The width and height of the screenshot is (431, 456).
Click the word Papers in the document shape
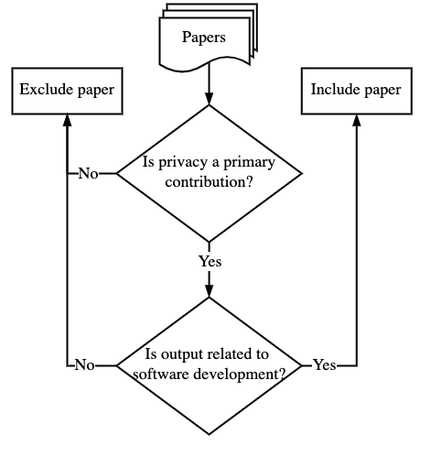coord(204,38)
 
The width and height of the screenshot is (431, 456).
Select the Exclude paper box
coord(67,91)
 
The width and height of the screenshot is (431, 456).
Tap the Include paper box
coord(357,91)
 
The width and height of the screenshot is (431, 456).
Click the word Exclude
coord(47,90)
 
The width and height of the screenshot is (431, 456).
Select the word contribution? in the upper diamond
coord(210,182)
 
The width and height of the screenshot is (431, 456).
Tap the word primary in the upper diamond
coord(249,162)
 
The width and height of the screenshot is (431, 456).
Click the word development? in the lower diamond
coord(240,375)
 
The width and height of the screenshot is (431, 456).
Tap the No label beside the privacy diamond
coord(89,174)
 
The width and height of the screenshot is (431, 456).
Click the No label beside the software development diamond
coord(84,365)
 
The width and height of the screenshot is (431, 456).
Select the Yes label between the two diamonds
coord(210,262)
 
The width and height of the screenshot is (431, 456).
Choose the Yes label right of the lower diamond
coord(325,365)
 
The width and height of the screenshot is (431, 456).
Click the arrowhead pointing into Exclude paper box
coord(67,120)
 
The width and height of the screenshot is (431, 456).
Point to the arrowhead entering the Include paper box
coord(357,120)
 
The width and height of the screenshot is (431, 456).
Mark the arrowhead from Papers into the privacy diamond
coord(209,99)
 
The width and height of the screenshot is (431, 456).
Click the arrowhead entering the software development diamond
coord(209,291)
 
